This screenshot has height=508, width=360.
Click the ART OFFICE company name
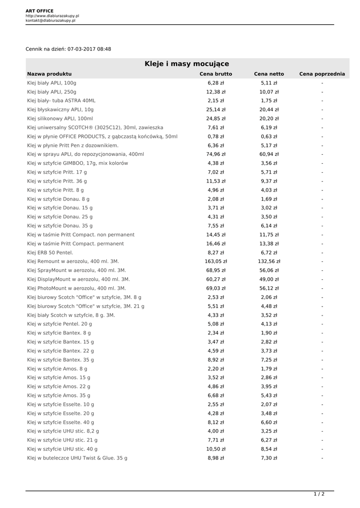point(40,11)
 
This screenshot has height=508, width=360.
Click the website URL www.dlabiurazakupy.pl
point(52,16)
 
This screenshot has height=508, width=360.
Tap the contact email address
point(51,20)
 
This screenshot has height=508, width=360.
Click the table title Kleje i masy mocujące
point(187,64)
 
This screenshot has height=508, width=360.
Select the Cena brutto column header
point(216,74)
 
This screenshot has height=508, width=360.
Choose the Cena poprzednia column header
point(322,74)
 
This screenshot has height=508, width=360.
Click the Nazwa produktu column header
point(50,74)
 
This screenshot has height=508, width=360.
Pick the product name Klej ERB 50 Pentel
point(50,253)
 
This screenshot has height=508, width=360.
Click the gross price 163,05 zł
point(216,261)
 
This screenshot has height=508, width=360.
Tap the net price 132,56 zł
point(269,261)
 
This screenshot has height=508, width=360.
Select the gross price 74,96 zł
point(216,154)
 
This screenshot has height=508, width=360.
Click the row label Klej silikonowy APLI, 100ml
point(60,119)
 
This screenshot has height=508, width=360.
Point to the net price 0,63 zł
point(269,136)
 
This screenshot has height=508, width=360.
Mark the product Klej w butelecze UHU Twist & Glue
point(77,458)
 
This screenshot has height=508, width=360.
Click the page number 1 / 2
point(319,494)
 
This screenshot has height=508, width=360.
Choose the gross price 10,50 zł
point(216,449)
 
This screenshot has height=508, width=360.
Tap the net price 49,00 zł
point(269,279)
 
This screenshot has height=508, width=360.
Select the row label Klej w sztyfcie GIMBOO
point(74,163)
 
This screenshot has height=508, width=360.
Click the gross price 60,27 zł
point(216,279)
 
